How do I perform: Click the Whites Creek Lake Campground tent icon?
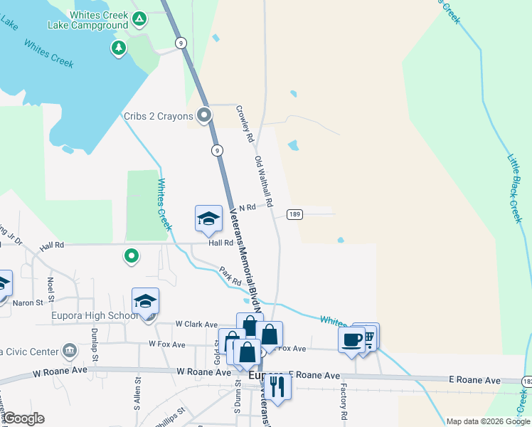pyautogui.click(x=140, y=17)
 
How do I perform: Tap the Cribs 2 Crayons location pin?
pyautogui.click(x=205, y=115)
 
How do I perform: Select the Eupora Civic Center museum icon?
pyautogui.click(x=70, y=350)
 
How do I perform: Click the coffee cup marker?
pyautogui.click(x=351, y=339)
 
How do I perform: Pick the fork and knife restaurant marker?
pyautogui.click(x=277, y=386)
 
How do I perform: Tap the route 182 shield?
pyautogui.click(x=526, y=381)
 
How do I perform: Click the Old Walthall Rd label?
pyautogui.click(x=264, y=182)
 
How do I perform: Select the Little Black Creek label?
pyautogui.click(x=515, y=188)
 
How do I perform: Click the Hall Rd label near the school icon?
pyautogui.click(x=221, y=243)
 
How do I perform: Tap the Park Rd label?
pyautogui.click(x=231, y=276)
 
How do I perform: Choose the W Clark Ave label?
pyautogui.click(x=197, y=325)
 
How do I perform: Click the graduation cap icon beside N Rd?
pyautogui.click(x=208, y=218)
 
